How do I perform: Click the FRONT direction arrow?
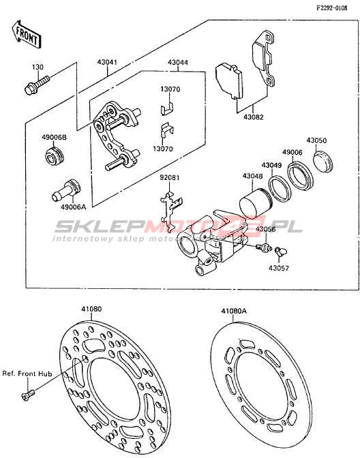[27, 35]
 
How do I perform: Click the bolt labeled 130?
[36, 85]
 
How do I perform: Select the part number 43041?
[107, 62]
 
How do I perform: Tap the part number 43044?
[178, 62]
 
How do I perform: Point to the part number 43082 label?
[254, 117]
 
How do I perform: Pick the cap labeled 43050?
[324, 162]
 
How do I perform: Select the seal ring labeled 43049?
[280, 189]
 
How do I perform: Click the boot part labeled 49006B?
[55, 157]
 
